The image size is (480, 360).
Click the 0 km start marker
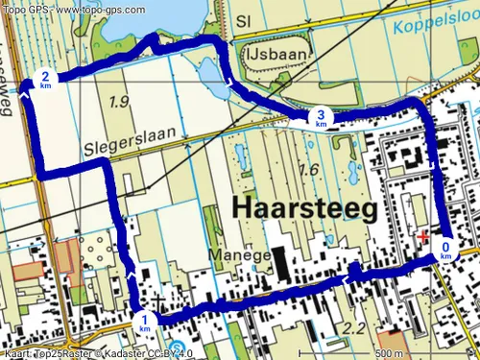(445, 250)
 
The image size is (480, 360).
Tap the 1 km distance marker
(144, 323)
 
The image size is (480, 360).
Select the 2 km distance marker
(45, 79)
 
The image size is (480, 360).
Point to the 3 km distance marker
(321, 117)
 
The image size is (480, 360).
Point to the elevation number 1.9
(119, 102)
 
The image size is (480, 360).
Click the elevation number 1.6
(308, 170)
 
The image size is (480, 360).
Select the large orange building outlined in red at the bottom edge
(392, 342)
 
